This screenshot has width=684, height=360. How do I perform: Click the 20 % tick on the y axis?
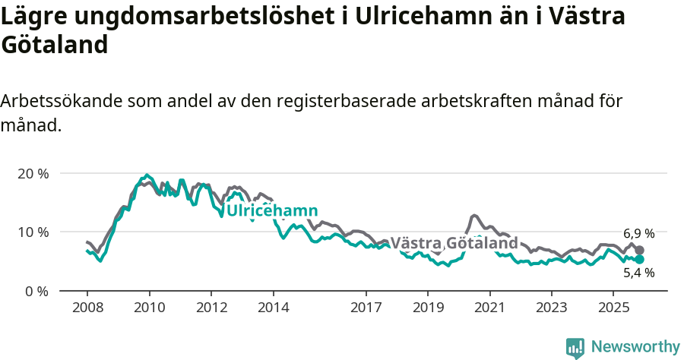click(x=33, y=173)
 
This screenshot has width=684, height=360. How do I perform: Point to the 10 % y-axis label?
click(x=33, y=232)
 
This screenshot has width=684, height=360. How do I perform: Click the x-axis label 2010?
click(x=149, y=308)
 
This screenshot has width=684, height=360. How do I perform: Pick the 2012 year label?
click(x=211, y=308)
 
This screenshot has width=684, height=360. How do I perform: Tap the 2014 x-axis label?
click(x=273, y=308)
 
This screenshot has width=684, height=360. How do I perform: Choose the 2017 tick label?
click(x=366, y=308)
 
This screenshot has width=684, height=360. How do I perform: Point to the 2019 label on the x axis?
click(x=427, y=308)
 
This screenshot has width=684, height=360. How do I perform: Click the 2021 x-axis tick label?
click(x=489, y=308)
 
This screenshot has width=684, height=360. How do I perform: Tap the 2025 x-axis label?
click(x=613, y=308)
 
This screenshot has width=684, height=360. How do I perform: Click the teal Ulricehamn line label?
click(x=272, y=210)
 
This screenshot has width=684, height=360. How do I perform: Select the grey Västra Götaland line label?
click(x=454, y=243)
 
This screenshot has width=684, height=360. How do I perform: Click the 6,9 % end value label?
click(x=638, y=233)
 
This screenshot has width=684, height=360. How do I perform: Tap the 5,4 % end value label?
click(x=638, y=273)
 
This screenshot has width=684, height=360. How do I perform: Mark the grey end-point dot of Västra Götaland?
click(x=640, y=250)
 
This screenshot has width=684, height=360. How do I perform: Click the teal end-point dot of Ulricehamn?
click(x=640, y=259)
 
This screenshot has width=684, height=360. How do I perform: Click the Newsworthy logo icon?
click(x=575, y=347)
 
